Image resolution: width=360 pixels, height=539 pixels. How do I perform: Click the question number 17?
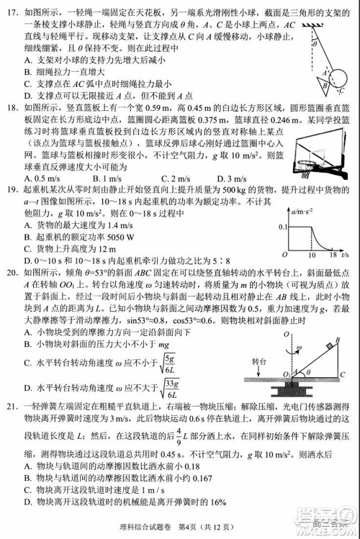click(11, 12)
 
